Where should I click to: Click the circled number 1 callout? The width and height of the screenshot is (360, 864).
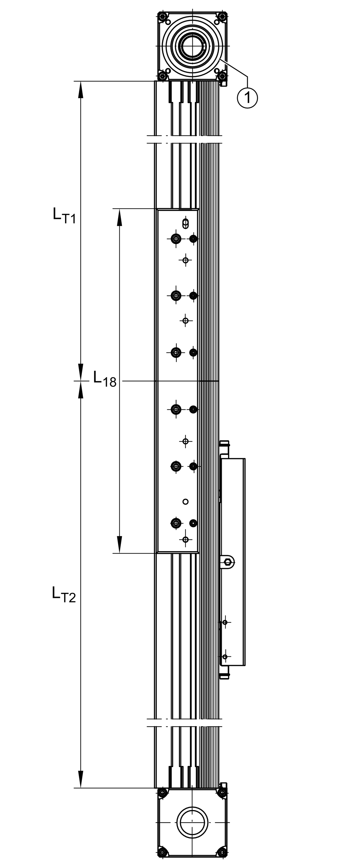247,97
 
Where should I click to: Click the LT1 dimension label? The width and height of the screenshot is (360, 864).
64,215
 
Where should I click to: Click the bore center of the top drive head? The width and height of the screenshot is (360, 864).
193,46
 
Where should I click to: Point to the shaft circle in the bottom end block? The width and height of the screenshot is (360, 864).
192,822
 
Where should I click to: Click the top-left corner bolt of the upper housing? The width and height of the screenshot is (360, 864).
163,16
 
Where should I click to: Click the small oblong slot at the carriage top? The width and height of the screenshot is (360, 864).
185,223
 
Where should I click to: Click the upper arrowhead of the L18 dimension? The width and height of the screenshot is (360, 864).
119,217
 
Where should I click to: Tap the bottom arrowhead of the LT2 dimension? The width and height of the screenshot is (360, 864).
80,779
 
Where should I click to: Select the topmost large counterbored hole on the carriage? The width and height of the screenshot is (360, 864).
176,239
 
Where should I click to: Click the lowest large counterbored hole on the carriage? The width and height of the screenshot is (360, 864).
176,523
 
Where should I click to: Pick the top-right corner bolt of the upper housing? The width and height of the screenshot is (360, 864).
221,16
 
